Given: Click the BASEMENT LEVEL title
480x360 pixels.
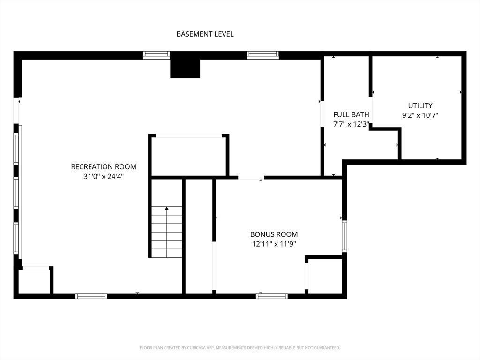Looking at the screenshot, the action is pos(205,34).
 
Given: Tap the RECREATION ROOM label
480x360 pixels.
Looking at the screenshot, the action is pos(104,167).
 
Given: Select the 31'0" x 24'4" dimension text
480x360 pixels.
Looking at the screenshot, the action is pos(104,177).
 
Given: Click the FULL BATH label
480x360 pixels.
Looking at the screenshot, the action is pos(351,114).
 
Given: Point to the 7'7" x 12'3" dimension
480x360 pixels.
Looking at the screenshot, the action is pos(351,124).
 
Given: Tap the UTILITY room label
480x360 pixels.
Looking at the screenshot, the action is pos(420,105).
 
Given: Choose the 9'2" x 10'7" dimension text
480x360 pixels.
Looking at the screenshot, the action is pos(420,115).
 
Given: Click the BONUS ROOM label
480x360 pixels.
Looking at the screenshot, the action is pos(274,234).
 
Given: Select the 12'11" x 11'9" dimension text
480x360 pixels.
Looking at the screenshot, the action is pos(274,244).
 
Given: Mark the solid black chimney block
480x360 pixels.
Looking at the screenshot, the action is pos(185,68).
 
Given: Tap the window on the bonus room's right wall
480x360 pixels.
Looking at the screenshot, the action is pos(345,236).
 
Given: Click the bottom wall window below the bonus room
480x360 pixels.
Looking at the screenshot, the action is pos(272,296).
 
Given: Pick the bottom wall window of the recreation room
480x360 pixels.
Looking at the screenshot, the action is pos(91,296).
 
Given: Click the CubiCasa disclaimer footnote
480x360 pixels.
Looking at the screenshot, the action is pos(240,348).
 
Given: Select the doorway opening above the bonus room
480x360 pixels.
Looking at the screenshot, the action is pos(251,178).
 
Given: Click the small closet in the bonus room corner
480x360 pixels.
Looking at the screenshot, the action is pos(325,276).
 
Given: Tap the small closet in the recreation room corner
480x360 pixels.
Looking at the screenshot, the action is pos(34,282).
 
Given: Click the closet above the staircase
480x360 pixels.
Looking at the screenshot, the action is pos(188,157).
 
